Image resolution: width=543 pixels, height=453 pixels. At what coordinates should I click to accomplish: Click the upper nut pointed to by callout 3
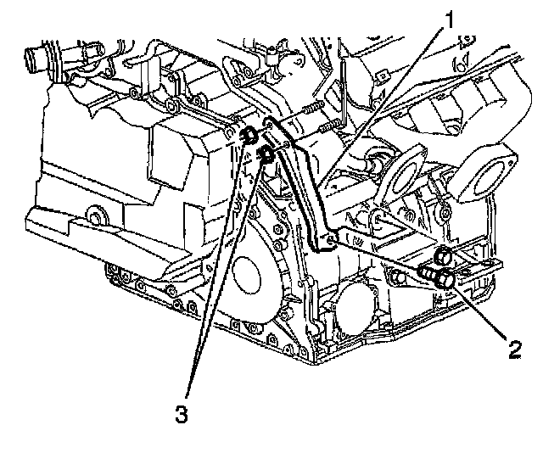point(250,136)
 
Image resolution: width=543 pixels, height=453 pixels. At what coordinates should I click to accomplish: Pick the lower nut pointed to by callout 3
point(265,154)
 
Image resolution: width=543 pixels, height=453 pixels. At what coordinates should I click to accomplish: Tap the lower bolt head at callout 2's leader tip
point(444,281)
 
